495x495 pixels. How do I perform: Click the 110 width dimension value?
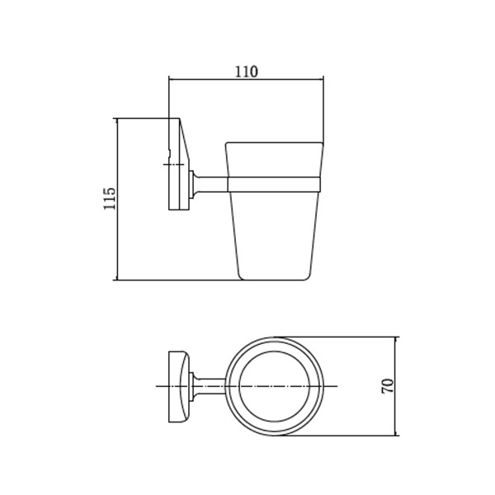click(247, 72)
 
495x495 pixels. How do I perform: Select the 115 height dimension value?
click(110, 198)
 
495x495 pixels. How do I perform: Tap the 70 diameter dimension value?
click(388, 386)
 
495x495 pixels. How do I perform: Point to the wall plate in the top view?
click(179, 386)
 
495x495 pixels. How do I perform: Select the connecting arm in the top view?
click(210, 386)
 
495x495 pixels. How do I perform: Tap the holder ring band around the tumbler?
click(274, 184)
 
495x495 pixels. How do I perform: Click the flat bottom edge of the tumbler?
click(274, 280)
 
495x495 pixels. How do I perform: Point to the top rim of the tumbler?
click(275, 143)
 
